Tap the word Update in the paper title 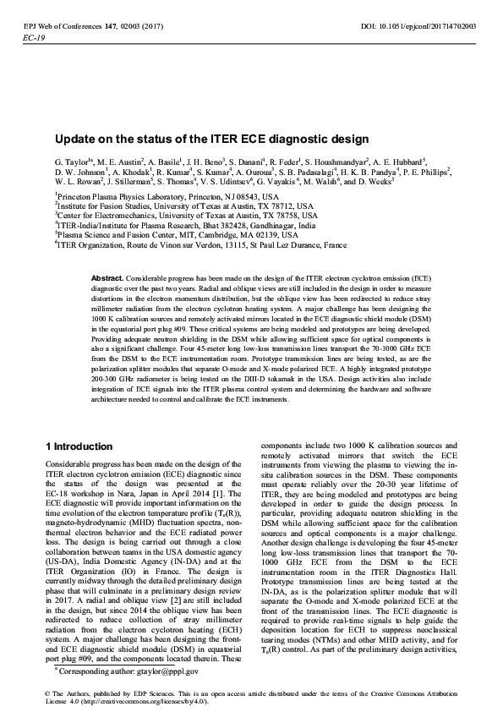point(74,138)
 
